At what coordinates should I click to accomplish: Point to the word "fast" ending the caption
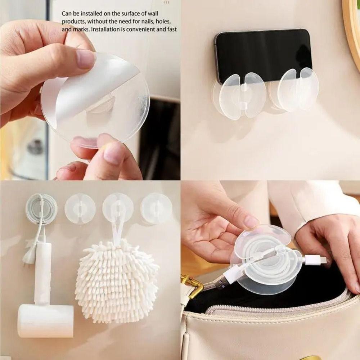171,30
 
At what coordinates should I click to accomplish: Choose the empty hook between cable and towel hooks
80,209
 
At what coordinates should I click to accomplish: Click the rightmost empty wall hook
156,208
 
